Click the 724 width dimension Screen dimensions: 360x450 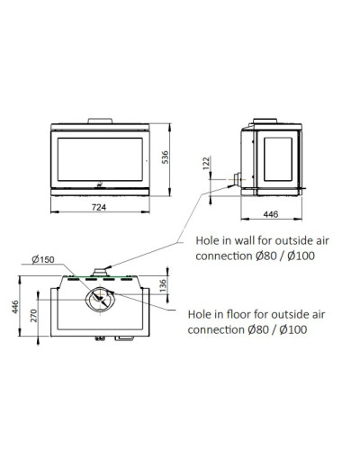coord(99,207)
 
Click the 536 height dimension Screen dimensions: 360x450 coord(165,157)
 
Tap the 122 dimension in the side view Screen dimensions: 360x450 coord(206,163)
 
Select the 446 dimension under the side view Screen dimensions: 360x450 coord(271,214)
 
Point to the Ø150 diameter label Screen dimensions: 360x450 coord(43,259)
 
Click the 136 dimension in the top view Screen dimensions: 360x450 coord(163,285)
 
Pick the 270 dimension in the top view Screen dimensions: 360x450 coord(33,316)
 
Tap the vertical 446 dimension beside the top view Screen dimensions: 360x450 coord(15,307)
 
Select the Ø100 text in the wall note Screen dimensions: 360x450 coord(301,256)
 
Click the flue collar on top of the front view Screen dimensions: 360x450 coord(100,121)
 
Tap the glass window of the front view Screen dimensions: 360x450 coord(100,159)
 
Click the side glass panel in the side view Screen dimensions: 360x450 coord(278,159)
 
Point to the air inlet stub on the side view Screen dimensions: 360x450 coord(238,179)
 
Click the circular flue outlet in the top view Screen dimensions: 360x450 coord(100,300)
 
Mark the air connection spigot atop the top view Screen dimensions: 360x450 coord(100,273)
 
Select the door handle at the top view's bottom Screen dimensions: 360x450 coord(124,338)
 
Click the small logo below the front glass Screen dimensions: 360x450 coord(100,184)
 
